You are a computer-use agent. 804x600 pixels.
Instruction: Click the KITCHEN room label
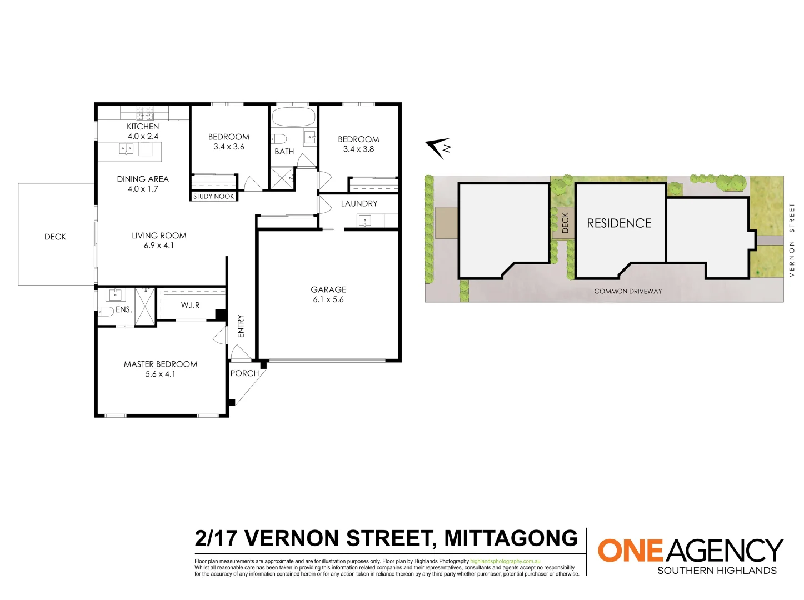143,127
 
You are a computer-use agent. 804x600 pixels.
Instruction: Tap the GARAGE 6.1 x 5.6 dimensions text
328,299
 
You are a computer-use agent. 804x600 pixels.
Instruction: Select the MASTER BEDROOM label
161,364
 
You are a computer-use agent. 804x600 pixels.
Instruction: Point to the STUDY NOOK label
213,197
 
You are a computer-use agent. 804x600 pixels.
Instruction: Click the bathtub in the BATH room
293,117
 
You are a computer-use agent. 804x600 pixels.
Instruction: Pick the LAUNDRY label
359,204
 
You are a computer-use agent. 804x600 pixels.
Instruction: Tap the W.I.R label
190,306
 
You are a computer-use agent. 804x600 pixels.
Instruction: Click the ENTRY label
241,326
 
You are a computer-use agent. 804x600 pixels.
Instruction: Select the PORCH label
244,373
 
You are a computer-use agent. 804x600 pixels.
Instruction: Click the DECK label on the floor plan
55,237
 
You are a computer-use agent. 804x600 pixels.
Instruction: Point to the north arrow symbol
438,147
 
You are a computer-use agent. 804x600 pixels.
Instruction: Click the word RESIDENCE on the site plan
619,223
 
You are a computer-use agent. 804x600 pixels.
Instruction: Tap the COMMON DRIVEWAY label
628,291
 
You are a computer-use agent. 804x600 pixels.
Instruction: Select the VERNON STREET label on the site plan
792,239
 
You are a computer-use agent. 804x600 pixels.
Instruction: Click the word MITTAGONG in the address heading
511,538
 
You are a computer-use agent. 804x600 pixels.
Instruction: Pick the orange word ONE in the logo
630,551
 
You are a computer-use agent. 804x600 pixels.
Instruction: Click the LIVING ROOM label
159,236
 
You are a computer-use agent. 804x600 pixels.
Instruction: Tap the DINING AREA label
143,179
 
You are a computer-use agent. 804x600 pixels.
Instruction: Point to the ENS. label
123,310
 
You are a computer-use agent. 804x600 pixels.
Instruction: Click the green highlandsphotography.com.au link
505,562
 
